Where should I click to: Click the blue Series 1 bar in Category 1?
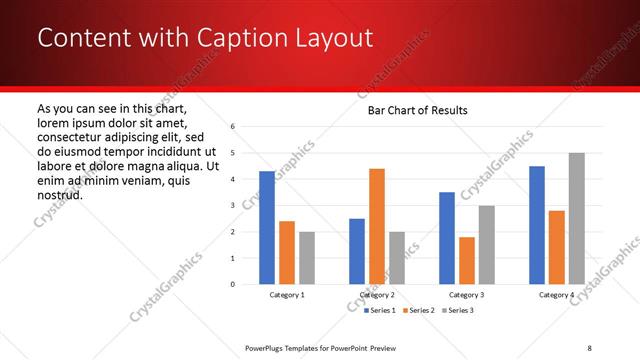(267, 228)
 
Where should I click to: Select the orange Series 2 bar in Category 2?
(377, 226)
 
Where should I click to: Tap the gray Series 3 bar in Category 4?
(577, 218)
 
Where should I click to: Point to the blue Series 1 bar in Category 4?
(537, 225)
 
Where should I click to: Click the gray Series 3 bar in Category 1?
(307, 258)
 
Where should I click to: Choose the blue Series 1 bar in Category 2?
(357, 251)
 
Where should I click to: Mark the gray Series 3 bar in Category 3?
(487, 245)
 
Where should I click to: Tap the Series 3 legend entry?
(458, 311)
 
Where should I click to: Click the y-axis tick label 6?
(232, 127)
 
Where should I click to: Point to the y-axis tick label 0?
(232, 284)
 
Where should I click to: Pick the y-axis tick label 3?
(232, 206)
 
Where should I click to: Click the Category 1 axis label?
(287, 295)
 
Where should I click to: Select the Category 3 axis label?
(467, 295)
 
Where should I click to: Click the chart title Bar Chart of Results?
(412, 109)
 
